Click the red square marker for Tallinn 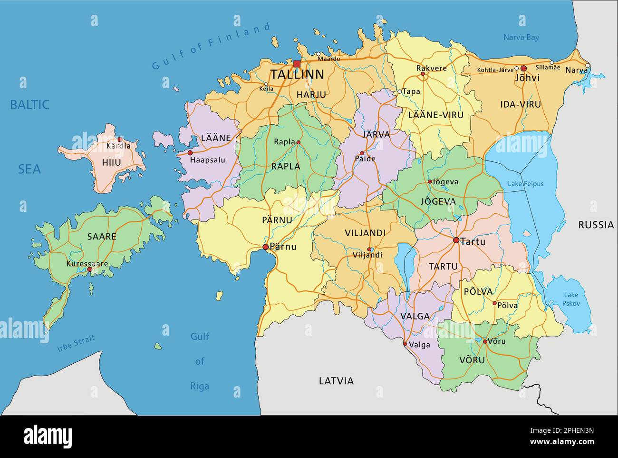pos(297,64)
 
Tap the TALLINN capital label pos(297,75)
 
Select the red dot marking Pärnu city pos(265,247)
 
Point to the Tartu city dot pos(456,240)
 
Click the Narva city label pos(576,70)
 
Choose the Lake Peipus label pos(525,184)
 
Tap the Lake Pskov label pos(570,299)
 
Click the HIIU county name pos(111,162)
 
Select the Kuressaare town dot pos(89,269)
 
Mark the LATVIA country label pos(336,381)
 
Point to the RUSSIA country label pos(596,225)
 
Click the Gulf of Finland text pos(212,46)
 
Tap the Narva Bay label pos(521,38)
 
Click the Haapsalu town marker pos(190,153)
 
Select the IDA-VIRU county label pos(521,104)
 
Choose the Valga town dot pos(405,344)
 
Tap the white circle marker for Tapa pos(400,91)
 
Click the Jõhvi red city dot pos(523,69)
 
